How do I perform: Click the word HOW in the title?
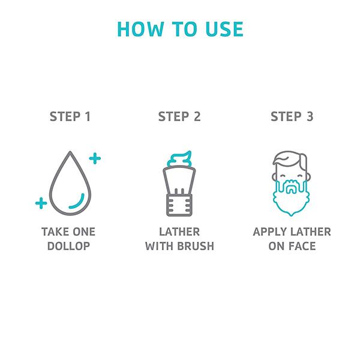click(140, 29)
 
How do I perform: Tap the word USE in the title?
click(224, 29)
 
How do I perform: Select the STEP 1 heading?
click(70, 116)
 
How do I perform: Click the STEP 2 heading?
click(179, 116)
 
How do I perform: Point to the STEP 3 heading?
click(292, 116)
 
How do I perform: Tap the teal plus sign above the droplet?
click(95, 158)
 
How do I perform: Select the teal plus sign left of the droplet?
click(41, 203)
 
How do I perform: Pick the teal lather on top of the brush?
click(179, 158)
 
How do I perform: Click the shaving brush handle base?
click(179, 205)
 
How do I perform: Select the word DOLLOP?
click(68, 246)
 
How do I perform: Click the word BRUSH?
click(196, 246)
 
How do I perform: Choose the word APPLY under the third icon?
click(269, 232)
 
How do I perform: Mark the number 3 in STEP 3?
click(310, 116)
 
